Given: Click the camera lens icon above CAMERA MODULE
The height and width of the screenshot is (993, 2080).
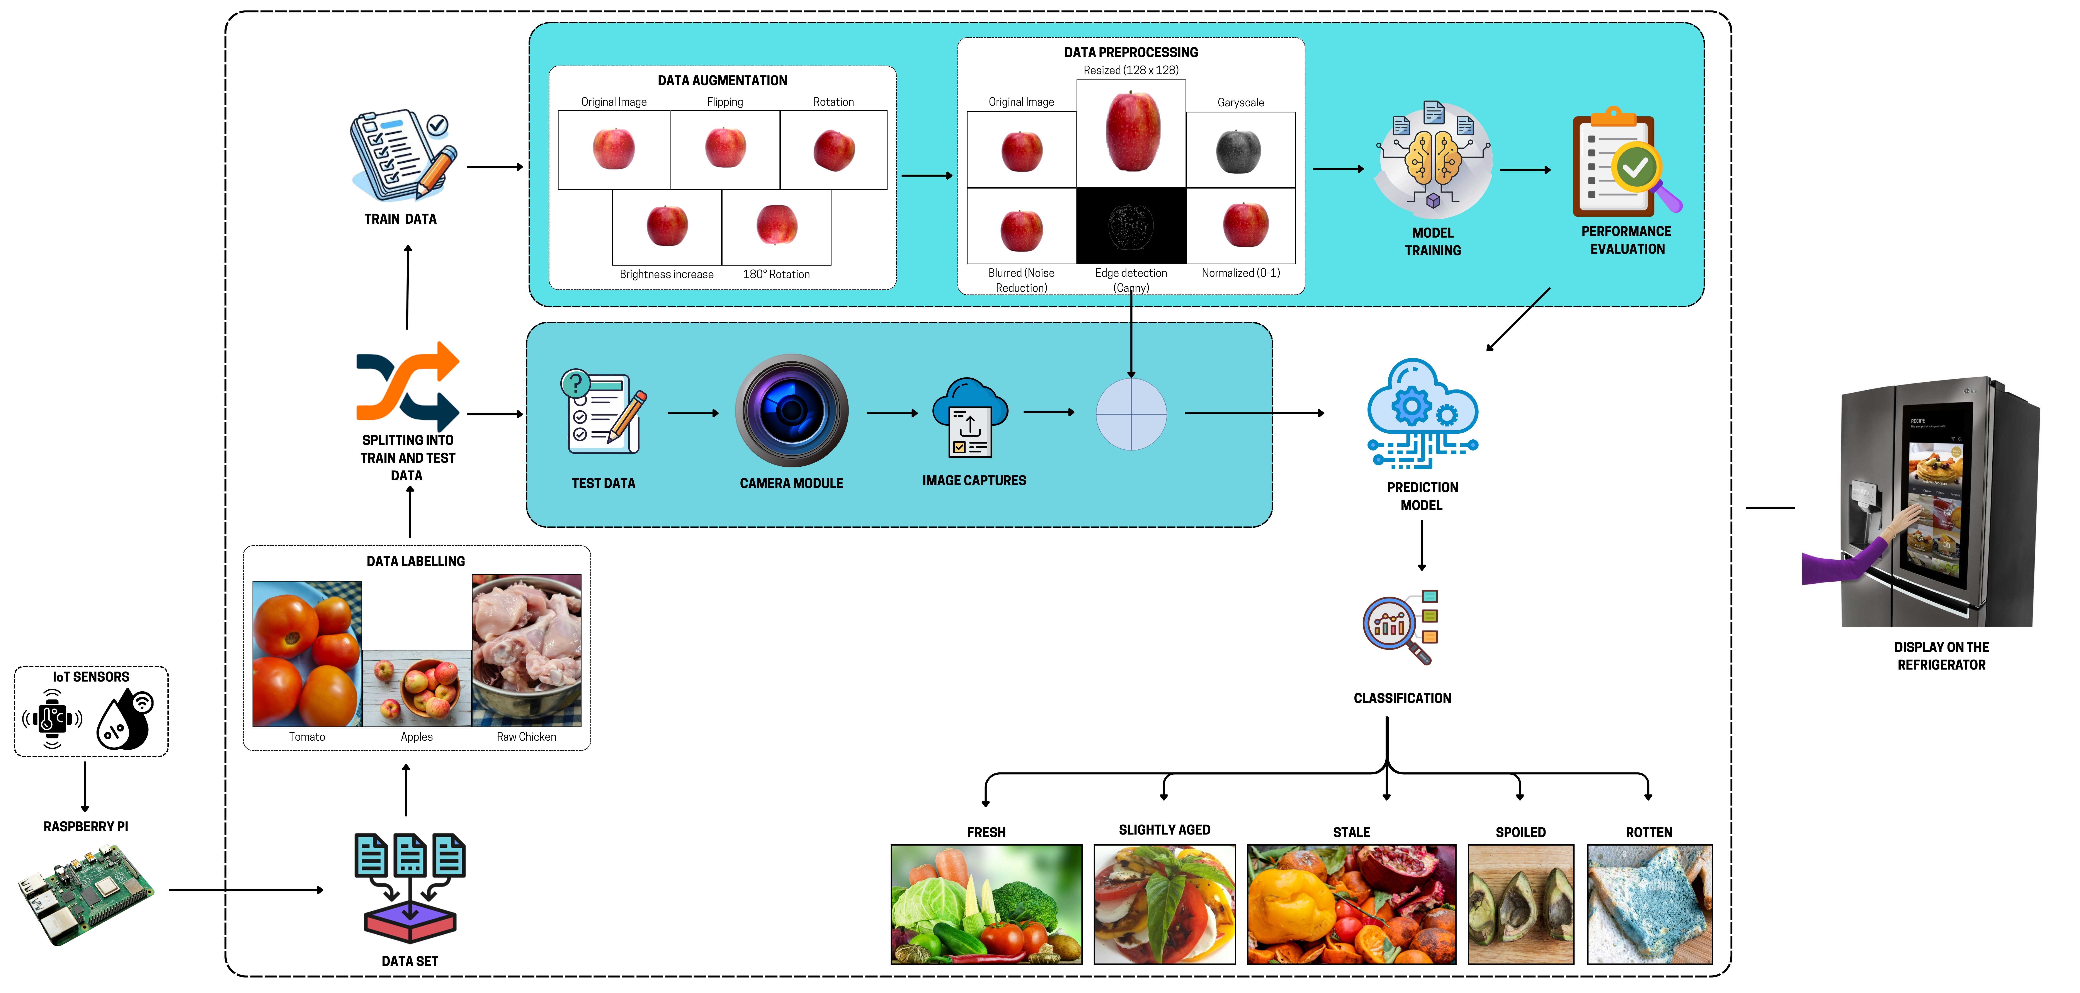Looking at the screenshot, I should [791, 410].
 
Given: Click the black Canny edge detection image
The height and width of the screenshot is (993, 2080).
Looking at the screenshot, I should [1131, 226].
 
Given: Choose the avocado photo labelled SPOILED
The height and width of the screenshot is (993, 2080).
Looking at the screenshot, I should [1520, 904].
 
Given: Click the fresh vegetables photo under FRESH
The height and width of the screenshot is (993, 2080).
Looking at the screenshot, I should [986, 904].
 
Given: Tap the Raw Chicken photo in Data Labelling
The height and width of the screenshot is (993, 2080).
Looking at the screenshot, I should [526, 650].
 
